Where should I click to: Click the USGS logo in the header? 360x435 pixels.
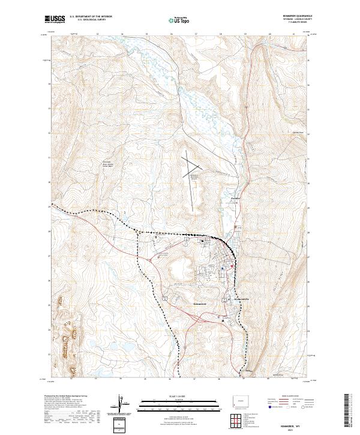(x=55, y=19)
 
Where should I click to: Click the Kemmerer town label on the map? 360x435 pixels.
(x=200, y=304)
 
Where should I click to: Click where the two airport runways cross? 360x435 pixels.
(x=191, y=161)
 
